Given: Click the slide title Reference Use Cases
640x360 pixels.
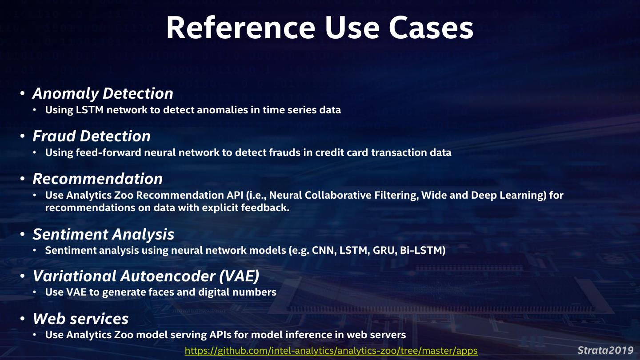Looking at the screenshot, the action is (x=320, y=28).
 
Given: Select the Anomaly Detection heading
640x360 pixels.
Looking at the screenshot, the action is (x=103, y=93).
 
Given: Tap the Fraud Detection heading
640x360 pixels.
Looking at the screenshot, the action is (x=92, y=136).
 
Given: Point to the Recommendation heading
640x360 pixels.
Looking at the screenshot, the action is (x=98, y=179).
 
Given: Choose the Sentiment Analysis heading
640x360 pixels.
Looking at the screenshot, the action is (x=104, y=234).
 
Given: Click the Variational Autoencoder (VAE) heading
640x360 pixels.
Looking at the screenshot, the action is (x=146, y=276).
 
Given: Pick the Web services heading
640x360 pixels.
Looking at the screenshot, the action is (x=81, y=319).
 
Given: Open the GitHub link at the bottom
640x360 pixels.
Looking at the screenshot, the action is (x=331, y=351).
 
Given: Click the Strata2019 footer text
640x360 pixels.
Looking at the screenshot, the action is (x=605, y=350).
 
